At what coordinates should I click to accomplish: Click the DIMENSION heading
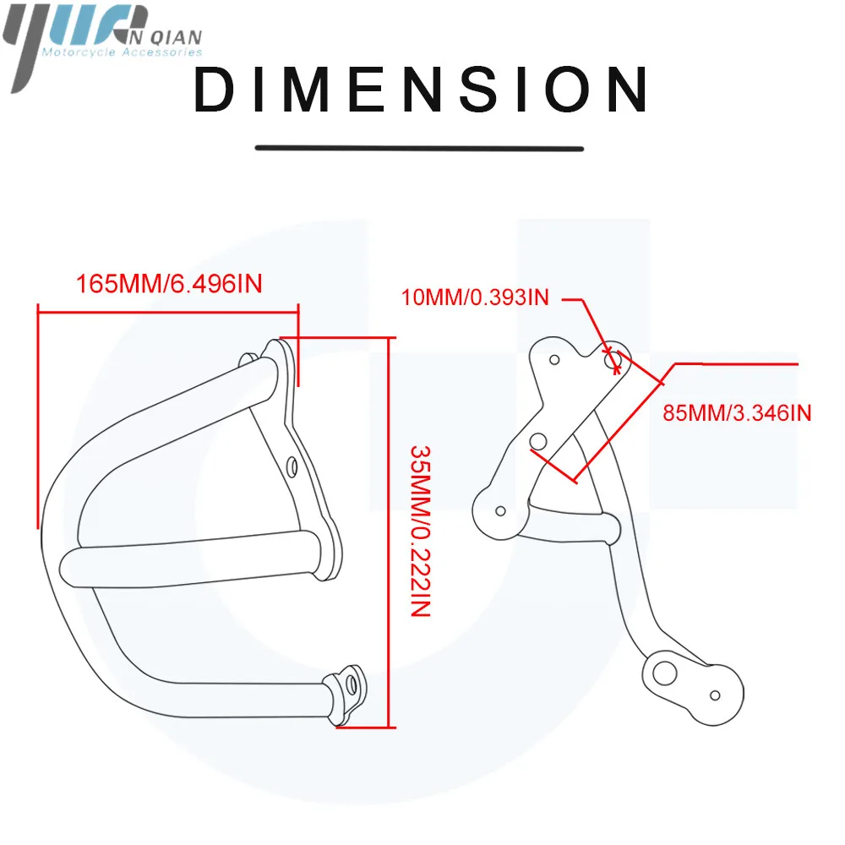[x=421, y=90]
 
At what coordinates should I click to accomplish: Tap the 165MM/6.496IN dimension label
[x=169, y=284]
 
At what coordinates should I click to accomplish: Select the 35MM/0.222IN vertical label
[x=420, y=531]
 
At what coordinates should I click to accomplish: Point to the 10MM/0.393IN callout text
[x=475, y=297]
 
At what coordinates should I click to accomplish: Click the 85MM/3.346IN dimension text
[x=737, y=413]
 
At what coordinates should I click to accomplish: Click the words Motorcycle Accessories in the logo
[x=123, y=52]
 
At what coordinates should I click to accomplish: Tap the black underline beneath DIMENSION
[x=419, y=148]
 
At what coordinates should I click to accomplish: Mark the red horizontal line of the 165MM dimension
[x=168, y=311]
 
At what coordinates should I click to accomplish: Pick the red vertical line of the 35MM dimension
[x=389, y=532]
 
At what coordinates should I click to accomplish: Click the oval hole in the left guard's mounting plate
[x=292, y=467]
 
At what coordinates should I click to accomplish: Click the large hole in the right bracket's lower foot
[x=664, y=673]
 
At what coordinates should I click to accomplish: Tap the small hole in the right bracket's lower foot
[x=715, y=695]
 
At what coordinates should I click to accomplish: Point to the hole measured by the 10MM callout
[x=612, y=359]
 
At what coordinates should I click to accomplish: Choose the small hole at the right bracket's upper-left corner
[x=554, y=359]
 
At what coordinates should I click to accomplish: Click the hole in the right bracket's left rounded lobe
[x=500, y=511]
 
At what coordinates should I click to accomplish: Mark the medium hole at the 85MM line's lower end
[x=538, y=442]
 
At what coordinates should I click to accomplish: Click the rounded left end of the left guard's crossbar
[x=68, y=569]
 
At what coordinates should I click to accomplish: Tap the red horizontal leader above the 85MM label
[x=736, y=364]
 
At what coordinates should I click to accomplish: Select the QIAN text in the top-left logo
[x=174, y=37]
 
